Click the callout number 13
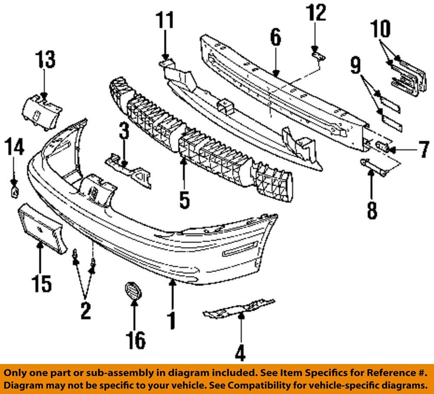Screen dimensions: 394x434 pos(46,60)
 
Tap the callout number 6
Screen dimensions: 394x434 pos(276,38)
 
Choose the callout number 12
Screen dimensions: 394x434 pos(316,13)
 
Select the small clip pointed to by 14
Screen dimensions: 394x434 pos(14,192)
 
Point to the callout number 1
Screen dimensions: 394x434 pos(172,320)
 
